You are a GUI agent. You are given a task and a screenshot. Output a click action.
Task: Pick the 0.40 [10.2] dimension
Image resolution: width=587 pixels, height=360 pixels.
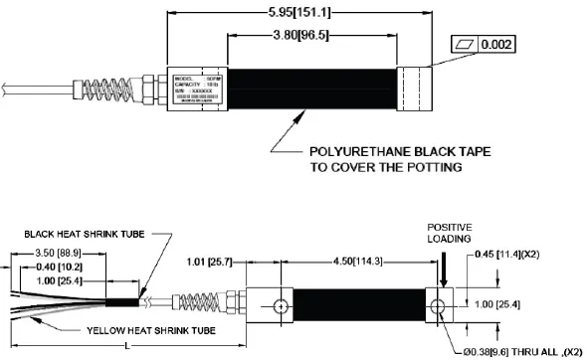[33, 269]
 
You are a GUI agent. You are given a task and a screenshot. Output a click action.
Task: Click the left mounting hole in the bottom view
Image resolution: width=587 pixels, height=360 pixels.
[285, 305]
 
